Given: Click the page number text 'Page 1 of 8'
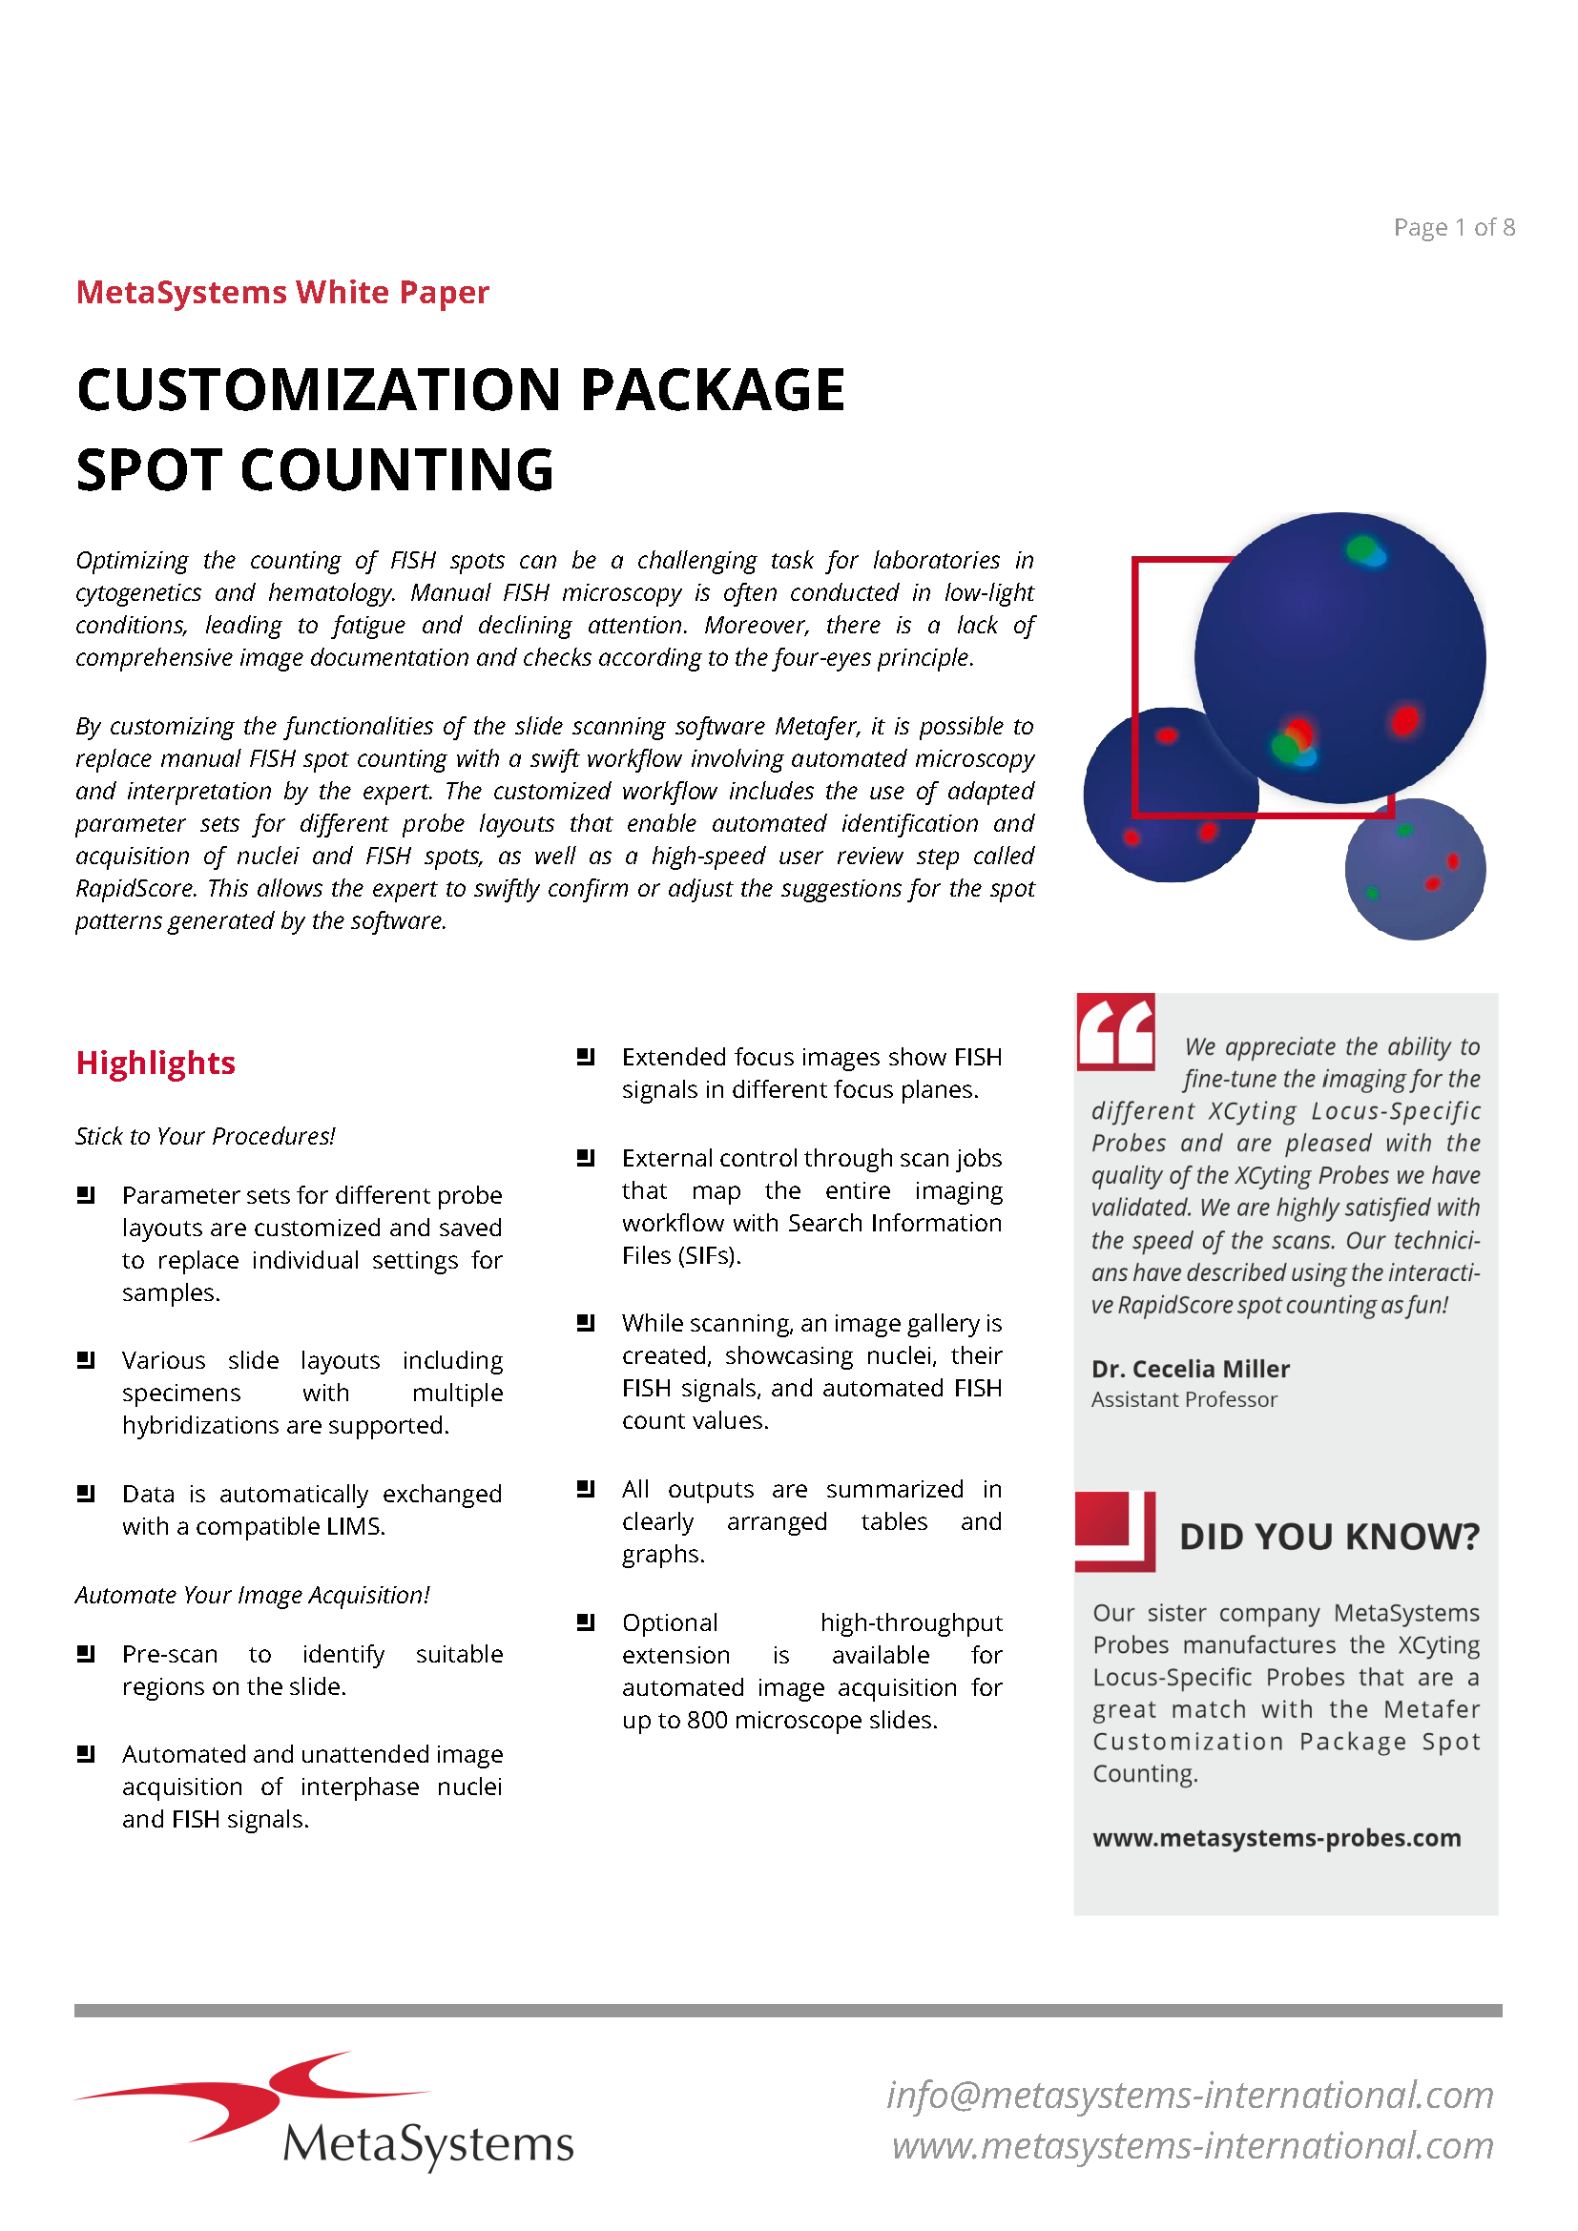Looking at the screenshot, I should click(x=1454, y=227).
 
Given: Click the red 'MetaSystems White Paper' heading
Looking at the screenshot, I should click(x=282, y=293).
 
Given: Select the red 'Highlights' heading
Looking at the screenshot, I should click(x=156, y=1063).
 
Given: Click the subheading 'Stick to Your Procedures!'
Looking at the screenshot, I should click(x=205, y=1136).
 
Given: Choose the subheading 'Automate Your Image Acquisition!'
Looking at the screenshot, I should click(x=252, y=1595).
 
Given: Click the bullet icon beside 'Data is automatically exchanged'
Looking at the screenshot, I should click(x=86, y=1494).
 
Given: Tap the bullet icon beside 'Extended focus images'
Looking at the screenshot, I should click(x=585, y=1056).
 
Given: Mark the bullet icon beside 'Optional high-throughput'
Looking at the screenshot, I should click(x=585, y=1622).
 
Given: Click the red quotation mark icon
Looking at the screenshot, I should click(x=1115, y=1032).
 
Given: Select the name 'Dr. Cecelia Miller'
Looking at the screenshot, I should click(x=1191, y=1369).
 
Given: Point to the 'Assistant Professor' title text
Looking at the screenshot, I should click(x=1183, y=1400).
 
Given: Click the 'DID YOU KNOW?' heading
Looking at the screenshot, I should click(x=1329, y=1538).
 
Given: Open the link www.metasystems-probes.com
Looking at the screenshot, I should click(x=1277, y=1838).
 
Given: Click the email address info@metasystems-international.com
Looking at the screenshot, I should click(x=1191, y=2095).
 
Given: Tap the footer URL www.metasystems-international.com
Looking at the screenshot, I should click(x=1194, y=2145).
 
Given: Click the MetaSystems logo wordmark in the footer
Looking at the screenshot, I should click(x=427, y=2143).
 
